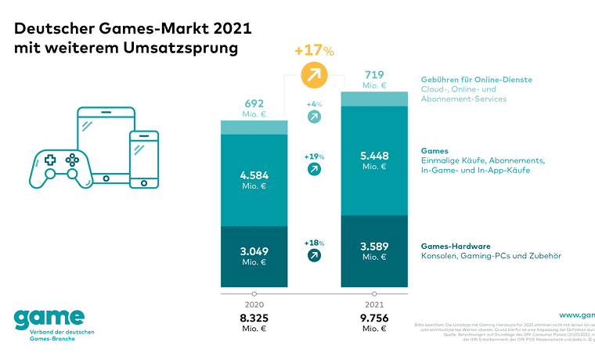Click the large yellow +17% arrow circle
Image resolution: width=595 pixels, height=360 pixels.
point(314,77)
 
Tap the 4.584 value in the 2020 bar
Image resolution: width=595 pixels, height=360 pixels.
point(254,175)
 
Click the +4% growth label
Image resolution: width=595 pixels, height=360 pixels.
point(314,103)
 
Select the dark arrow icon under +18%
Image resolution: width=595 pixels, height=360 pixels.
point(314,256)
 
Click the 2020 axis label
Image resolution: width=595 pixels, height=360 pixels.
point(254,304)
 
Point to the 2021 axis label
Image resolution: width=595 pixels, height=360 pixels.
point(374,304)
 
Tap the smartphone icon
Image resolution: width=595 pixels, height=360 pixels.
point(144,159)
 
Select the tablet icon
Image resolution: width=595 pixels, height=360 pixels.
point(106,144)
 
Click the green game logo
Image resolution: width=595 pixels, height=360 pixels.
point(49,319)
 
